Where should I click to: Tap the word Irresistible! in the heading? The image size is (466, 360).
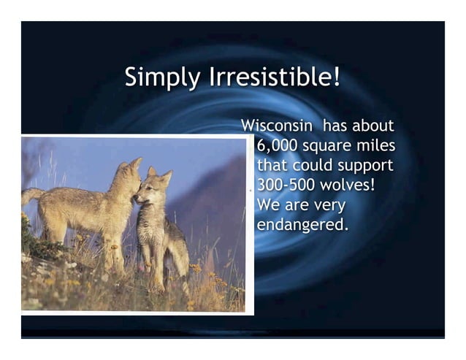tap(275, 77)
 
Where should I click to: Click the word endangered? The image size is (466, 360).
tap(302, 224)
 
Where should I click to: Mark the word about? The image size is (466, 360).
tap(373, 126)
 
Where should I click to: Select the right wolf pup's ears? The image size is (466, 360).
tap(158, 175)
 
